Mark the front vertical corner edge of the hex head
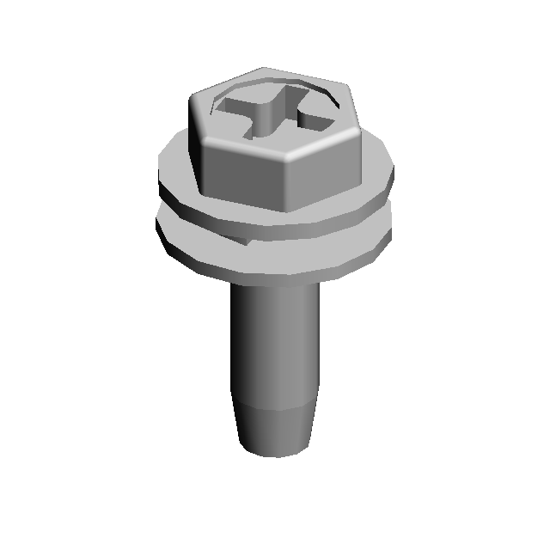[x=283, y=185]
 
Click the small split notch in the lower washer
[x=244, y=243]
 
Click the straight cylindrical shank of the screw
[x=274, y=344]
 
